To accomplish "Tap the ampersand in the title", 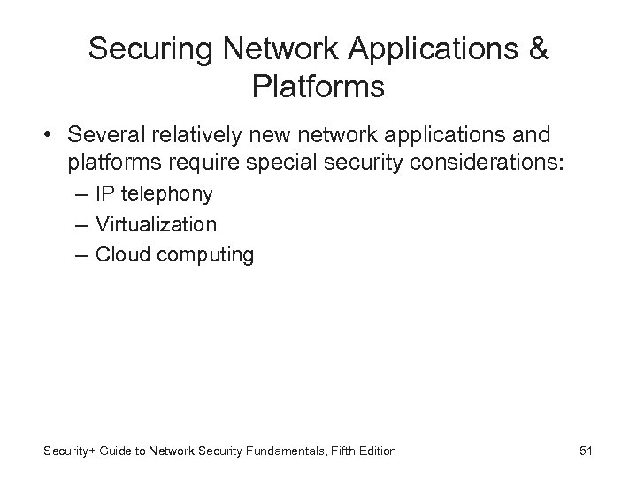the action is pyautogui.click(x=537, y=49).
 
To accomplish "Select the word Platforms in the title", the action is pyautogui.click(x=318, y=87).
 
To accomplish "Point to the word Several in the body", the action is pyautogui.click(x=104, y=136).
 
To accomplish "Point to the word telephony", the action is pyautogui.click(x=168, y=193).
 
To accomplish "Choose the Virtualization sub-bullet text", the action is pyautogui.click(x=156, y=224).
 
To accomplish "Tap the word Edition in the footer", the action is pyautogui.click(x=377, y=452).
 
